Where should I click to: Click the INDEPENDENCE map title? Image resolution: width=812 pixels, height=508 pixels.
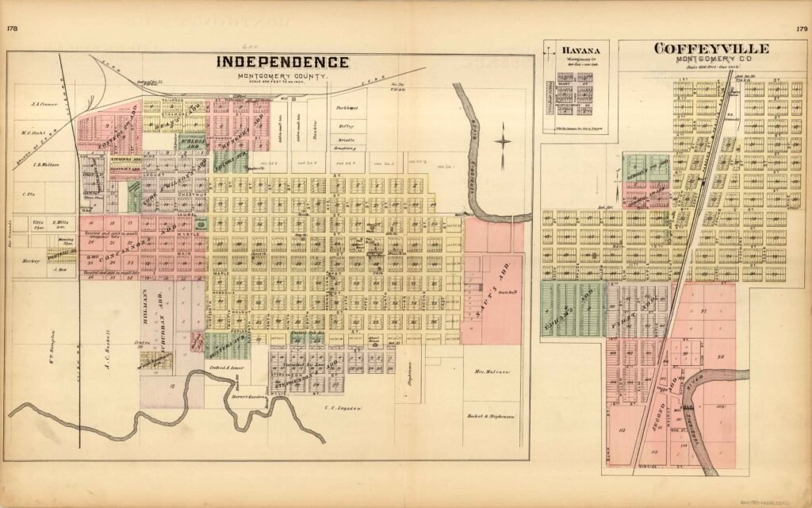coord(283,62)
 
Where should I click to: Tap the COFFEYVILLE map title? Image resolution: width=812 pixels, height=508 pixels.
coord(710,49)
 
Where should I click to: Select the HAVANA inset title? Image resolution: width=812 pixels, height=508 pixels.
coord(575,52)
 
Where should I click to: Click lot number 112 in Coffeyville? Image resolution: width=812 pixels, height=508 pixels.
coord(623,431)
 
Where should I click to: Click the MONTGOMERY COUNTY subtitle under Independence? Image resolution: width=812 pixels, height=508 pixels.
coord(283,75)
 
